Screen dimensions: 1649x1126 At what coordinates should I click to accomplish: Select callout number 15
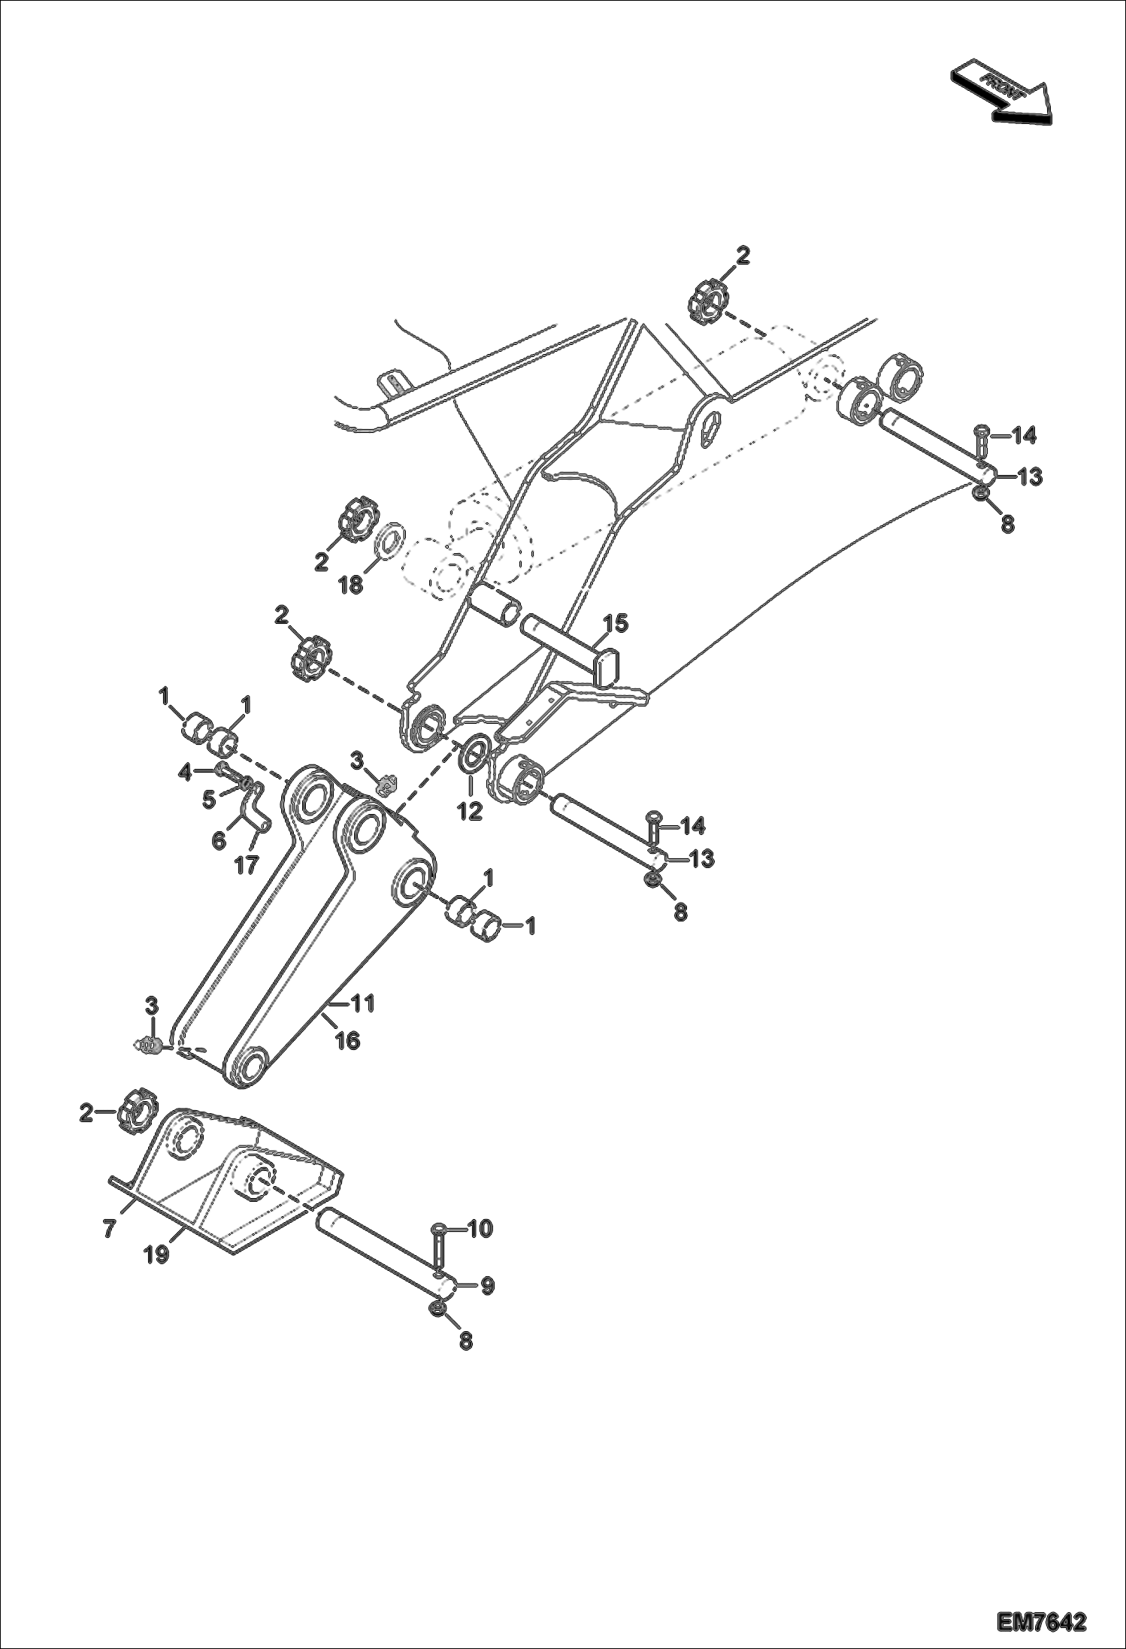pyautogui.click(x=616, y=623)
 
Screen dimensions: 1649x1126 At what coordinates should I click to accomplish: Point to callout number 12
pyautogui.click(x=471, y=812)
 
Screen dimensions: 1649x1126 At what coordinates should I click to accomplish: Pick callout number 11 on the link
pyautogui.click(x=363, y=1003)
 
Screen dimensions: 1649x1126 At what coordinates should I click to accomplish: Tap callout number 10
pyautogui.click(x=480, y=1228)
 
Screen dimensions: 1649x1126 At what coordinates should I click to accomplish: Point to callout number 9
pyautogui.click(x=487, y=1286)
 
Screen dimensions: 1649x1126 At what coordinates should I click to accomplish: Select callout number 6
pyautogui.click(x=219, y=840)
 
